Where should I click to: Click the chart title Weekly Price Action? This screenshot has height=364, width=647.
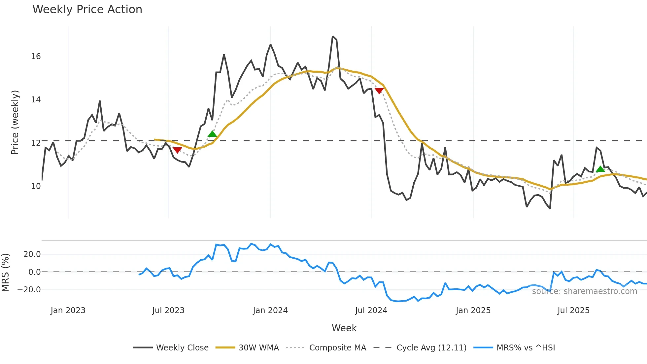click(87, 10)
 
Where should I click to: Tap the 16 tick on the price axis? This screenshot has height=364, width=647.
click(36, 56)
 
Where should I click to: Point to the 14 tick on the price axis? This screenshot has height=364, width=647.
click(36, 100)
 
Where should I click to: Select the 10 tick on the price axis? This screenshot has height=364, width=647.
click(36, 186)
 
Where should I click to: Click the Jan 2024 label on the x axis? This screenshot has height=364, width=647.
click(270, 310)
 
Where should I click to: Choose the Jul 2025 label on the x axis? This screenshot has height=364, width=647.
click(573, 310)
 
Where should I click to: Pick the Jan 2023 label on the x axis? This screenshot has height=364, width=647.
click(68, 310)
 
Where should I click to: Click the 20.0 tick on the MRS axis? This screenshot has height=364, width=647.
click(32, 254)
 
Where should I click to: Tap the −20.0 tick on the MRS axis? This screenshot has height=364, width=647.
click(29, 290)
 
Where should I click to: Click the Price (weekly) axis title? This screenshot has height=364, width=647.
click(15, 122)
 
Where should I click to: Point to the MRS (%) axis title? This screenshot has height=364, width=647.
click(6, 273)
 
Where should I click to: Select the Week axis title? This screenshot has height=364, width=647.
click(344, 328)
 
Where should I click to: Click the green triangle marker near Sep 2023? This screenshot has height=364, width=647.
click(212, 134)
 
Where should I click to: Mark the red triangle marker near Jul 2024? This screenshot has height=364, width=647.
click(379, 91)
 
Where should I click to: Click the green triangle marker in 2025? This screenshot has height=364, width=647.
click(600, 169)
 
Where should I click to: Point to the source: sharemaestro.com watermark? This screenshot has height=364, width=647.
click(584, 291)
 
